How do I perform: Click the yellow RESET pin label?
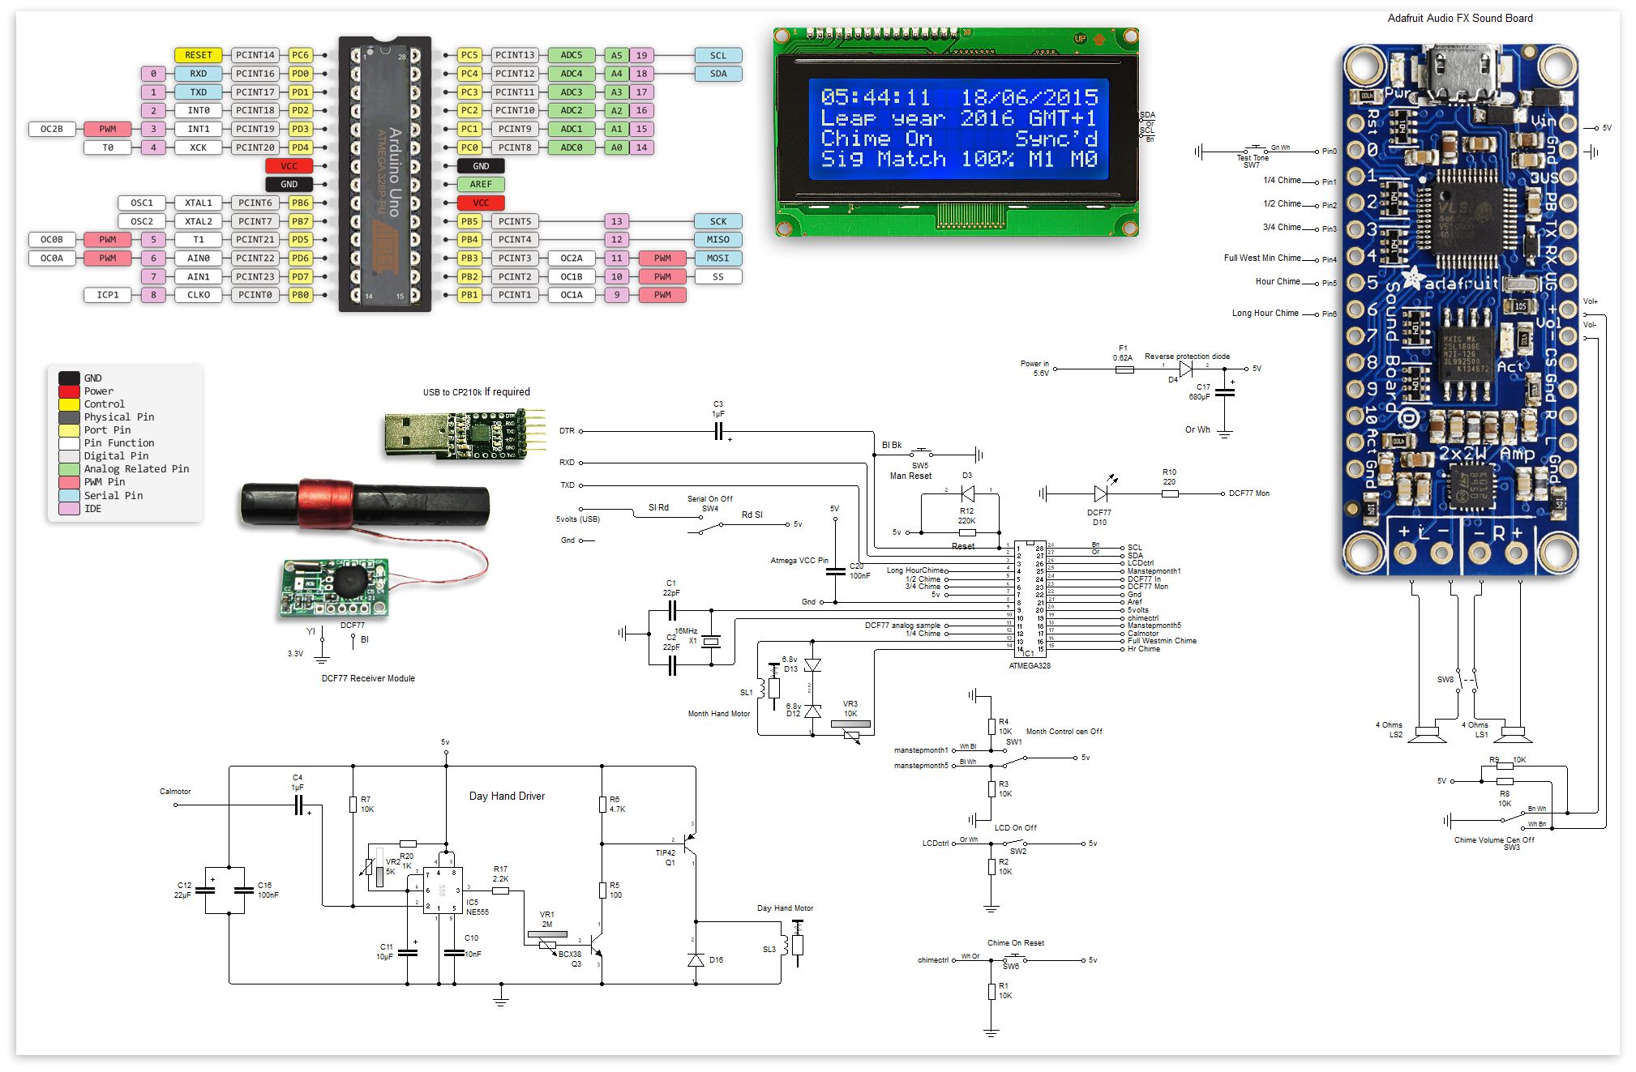pos(198,55)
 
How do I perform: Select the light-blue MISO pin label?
pos(717,240)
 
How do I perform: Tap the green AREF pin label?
pos(481,185)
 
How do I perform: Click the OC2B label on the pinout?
pos(52,129)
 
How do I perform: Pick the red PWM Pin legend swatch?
pos(69,482)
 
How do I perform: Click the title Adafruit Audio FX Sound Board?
pos(1459,18)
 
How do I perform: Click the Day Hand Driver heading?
pos(507,797)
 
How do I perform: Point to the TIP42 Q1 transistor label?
pos(666,857)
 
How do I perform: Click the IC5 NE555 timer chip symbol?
pos(443,890)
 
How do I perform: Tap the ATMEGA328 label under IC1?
pos(1029,666)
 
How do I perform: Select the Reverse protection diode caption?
pos(1187,357)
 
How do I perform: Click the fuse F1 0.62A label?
pos(1123,353)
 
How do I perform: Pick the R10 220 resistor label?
pos(1169,476)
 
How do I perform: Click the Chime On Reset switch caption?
pos(1015,943)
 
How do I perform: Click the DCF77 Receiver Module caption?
pos(368,679)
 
